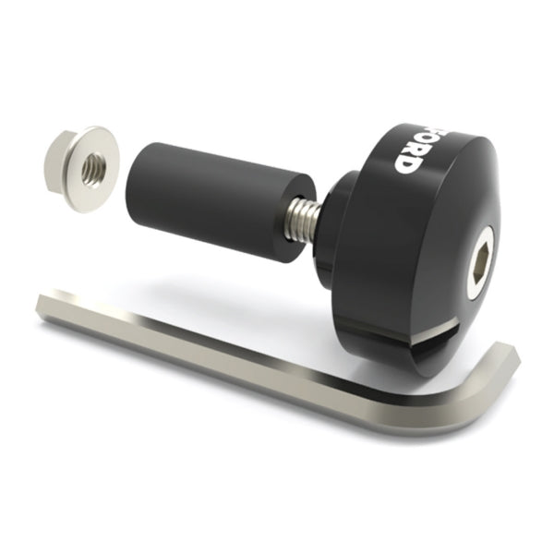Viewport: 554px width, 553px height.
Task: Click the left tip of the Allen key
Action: (x=44, y=306)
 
